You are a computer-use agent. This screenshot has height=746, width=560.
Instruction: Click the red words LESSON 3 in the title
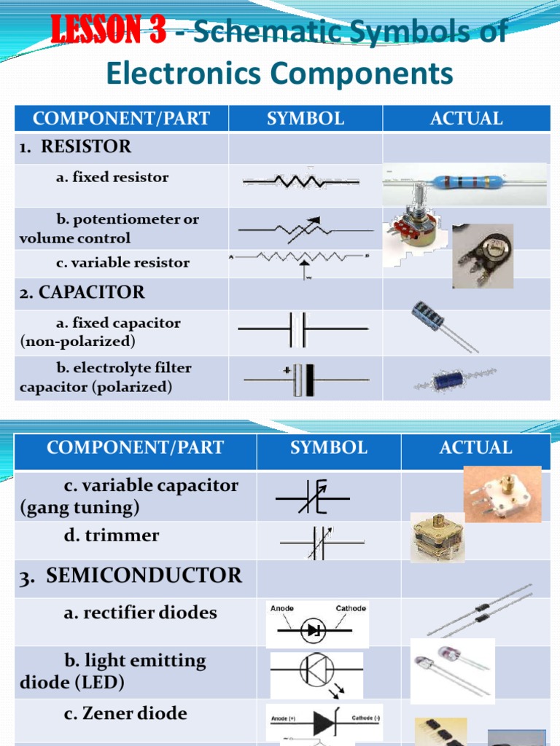108,31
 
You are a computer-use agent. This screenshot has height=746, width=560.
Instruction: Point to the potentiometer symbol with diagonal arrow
300,229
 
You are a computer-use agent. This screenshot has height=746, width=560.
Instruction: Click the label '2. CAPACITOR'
82,292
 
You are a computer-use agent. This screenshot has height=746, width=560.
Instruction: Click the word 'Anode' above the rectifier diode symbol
282,608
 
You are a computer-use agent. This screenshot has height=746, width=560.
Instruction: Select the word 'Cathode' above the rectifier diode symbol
351,608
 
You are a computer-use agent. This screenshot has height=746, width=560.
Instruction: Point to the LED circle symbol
317,668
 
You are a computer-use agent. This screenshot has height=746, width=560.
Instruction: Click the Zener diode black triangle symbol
324,723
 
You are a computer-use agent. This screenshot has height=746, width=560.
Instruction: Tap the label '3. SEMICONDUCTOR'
131,576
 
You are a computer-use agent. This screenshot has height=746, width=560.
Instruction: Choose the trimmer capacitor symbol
321,542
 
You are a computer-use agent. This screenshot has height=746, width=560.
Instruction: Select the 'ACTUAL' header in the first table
467,119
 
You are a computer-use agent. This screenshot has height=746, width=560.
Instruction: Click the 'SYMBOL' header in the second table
328,447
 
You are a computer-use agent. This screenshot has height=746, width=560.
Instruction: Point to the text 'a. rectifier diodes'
140,613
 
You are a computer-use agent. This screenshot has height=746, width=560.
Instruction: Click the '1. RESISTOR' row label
76,146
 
